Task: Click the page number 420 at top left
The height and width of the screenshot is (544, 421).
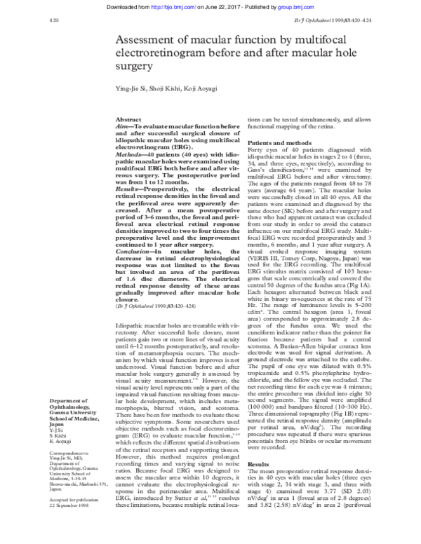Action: (x=15, y=20)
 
